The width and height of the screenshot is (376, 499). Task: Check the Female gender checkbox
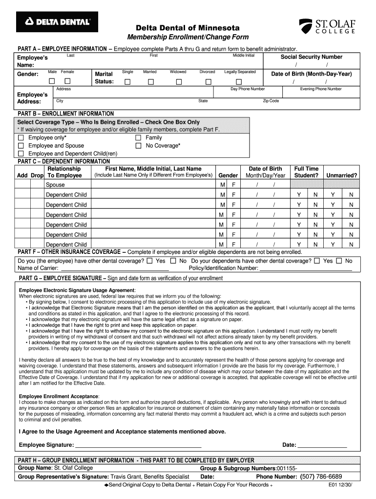(68, 81)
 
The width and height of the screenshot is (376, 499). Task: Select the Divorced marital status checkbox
(209, 81)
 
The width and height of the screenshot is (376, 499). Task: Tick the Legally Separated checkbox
(240, 81)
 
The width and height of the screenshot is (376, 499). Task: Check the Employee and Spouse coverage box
(21, 146)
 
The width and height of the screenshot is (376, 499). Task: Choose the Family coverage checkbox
(138, 138)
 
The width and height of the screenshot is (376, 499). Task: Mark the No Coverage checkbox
(138, 146)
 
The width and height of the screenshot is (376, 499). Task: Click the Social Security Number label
(311, 57)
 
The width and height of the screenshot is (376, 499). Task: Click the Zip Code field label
(271, 101)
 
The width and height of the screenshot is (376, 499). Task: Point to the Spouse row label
(55, 185)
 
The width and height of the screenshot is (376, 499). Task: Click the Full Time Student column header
(306, 172)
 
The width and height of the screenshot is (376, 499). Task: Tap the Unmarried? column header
(341, 175)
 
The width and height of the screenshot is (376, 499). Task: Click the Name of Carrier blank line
(114, 269)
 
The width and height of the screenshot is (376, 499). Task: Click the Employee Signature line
(138, 445)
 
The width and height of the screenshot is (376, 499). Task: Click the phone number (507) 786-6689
(321, 477)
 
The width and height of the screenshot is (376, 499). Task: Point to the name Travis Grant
(128, 477)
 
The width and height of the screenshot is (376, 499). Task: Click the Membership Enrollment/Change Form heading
(188, 38)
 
